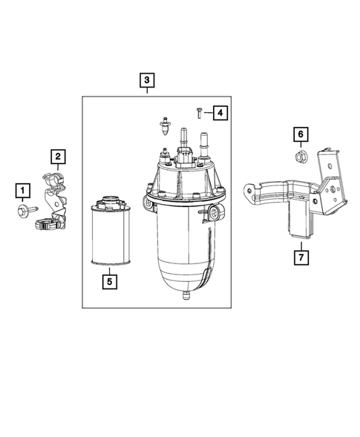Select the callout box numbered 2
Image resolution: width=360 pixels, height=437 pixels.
pos(56,156)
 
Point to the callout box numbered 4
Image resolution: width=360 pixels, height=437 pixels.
pos(220,113)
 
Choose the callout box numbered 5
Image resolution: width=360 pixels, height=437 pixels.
pos(108,281)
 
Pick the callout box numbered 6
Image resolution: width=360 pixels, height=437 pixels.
pos(301,134)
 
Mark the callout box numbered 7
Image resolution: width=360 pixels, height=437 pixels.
pos(301,257)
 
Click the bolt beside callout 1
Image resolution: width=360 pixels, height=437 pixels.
pos(22,212)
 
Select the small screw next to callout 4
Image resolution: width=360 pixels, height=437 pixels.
pos(199,112)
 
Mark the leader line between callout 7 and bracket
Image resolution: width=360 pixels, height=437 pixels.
pos(301,246)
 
